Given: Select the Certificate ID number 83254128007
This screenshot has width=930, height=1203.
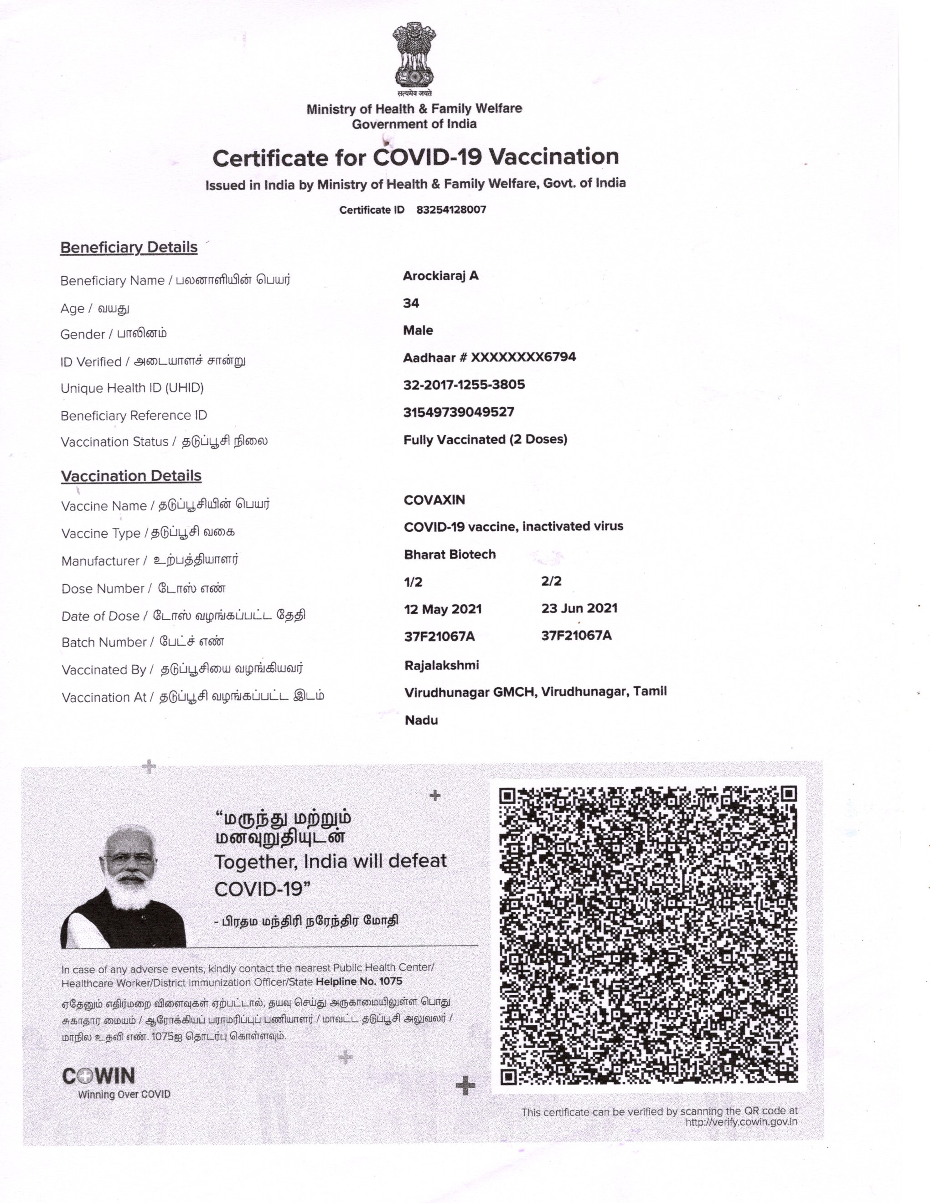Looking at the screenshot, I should coord(451,210).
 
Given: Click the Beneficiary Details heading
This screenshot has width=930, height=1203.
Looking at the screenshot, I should coord(129,247).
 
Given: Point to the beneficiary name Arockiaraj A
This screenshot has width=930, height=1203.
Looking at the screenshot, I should coord(441,276).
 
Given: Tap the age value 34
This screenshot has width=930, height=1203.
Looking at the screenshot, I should coord(411,303).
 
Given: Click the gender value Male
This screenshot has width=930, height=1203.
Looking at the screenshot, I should coord(418,330).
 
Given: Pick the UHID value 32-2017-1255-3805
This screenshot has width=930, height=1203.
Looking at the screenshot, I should coord(464,385).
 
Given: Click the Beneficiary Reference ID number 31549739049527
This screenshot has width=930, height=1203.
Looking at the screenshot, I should coord(459,412).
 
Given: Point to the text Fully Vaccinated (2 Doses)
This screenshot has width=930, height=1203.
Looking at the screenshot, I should coord(486,440).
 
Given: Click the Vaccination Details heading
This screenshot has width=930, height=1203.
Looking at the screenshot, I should coord(131,476).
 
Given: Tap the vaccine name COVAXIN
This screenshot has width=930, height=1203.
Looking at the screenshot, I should coord(434,500).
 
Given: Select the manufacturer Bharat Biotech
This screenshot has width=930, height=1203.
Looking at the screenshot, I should coord(449,555).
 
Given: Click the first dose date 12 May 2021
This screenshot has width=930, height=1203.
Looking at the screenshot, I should coord(443,609).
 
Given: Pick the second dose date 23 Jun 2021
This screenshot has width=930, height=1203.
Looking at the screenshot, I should coord(579,608).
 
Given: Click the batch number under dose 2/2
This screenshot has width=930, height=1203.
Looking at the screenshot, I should coord(576,636).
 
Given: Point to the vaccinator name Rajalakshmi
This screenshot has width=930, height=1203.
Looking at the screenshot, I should coord(442,665).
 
